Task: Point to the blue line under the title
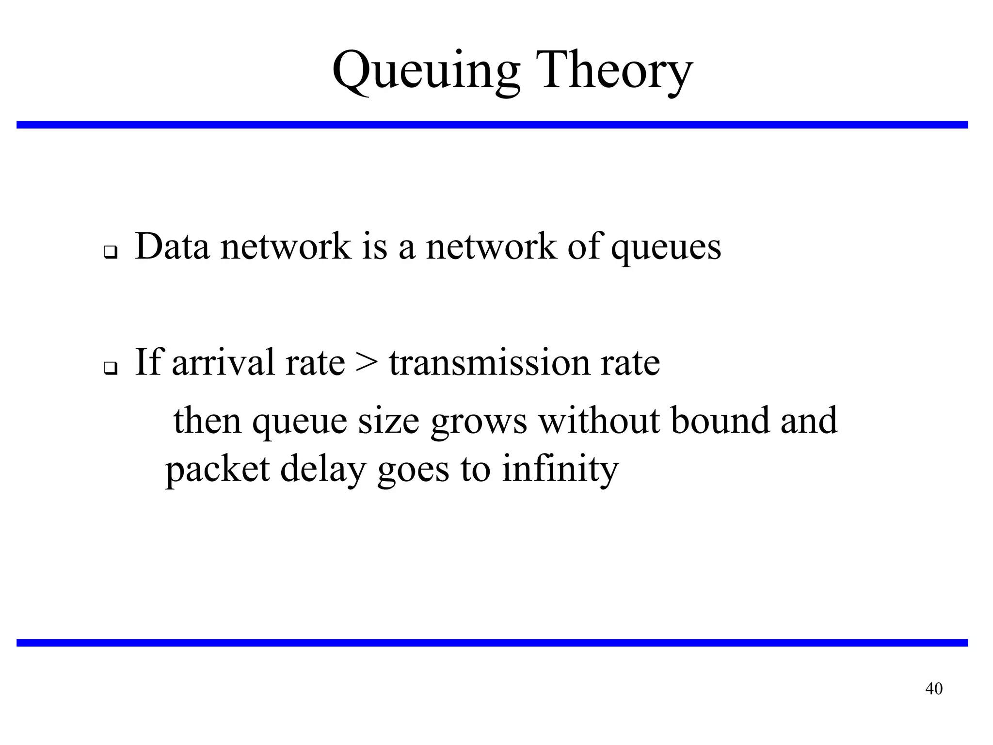click(492, 125)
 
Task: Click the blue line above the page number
click(492, 643)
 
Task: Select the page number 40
click(934, 689)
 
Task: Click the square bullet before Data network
click(111, 253)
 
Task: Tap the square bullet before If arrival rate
click(111, 369)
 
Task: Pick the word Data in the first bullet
click(172, 246)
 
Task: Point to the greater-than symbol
click(366, 363)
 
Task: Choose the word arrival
click(224, 362)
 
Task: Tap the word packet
click(217, 470)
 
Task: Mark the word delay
click(322, 470)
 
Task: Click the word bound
click(720, 420)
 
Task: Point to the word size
click(388, 421)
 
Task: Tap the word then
click(208, 420)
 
